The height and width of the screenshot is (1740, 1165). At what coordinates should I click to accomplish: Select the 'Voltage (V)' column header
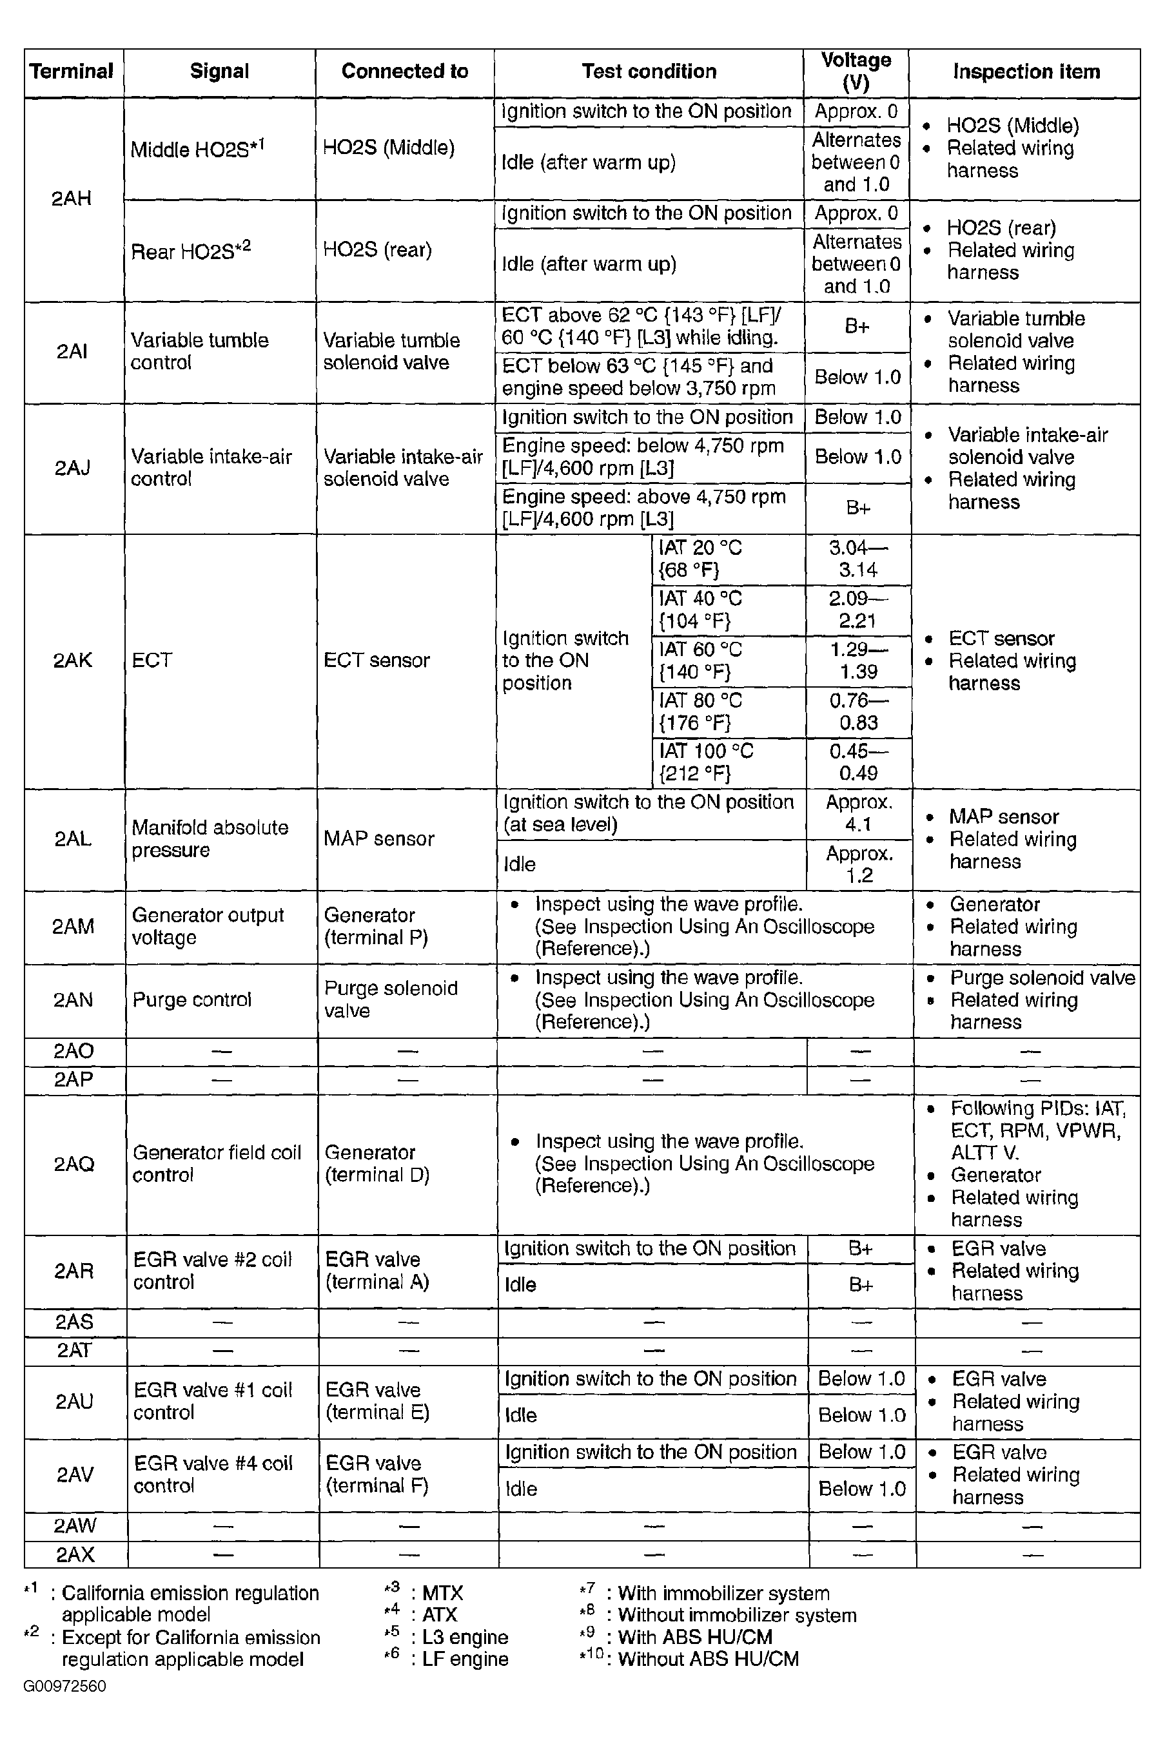pyautogui.click(x=856, y=72)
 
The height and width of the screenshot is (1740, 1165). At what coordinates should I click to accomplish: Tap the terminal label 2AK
pyautogui.click(x=73, y=660)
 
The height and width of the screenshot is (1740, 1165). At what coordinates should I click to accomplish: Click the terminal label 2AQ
pyautogui.click(x=74, y=1164)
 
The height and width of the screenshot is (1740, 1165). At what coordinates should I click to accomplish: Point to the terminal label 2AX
pyautogui.click(x=74, y=1554)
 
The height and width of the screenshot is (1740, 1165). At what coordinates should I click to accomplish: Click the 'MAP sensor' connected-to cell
pyautogui.click(x=379, y=839)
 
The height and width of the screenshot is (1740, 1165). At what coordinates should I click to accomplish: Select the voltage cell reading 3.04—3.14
pyautogui.click(x=858, y=559)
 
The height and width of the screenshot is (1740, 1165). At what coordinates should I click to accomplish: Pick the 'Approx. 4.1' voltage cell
pyautogui.click(x=859, y=814)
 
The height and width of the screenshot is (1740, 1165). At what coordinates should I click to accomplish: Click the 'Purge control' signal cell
pyautogui.click(x=191, y=1000)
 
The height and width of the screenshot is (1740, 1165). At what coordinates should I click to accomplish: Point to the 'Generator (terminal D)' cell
pyautogui.click(x=377, y=1164)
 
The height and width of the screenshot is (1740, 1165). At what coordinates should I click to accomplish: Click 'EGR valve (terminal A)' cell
pyautogui.click(x=377, y=1271)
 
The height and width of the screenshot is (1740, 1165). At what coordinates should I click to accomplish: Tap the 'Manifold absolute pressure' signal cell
pyautogui.click(x=210, y=839)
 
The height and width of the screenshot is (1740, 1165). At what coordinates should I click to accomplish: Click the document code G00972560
pyautogui.click(x=64, y=1686)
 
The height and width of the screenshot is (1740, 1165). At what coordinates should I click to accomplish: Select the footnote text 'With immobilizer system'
pyautogui.click(x=723, y=1594)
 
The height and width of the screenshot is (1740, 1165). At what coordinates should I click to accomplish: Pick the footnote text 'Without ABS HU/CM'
pyautogui.click(x=708, y=1659)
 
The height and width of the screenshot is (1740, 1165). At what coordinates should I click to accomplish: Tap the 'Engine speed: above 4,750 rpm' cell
pyautogui.click(x=643, y=508)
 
